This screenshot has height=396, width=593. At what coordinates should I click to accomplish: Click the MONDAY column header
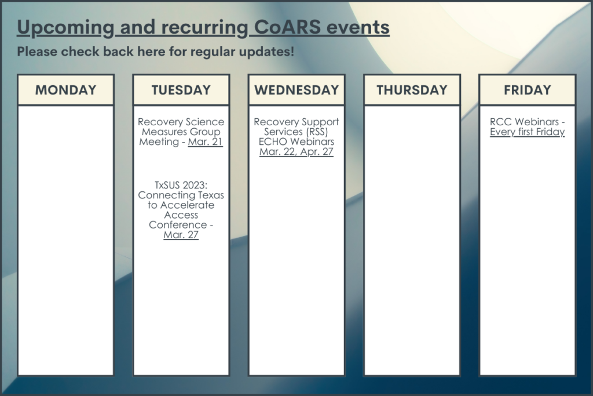coord(66,90)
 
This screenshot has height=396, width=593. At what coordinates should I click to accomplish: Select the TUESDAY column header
coord(181,90)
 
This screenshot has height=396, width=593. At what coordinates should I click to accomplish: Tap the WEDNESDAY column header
coord(296,90)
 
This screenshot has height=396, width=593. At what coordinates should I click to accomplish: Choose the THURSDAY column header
coord(412,90)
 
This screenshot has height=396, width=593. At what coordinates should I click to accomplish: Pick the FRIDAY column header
coord(527,90)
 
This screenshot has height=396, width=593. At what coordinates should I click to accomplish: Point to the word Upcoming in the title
coord(65,28)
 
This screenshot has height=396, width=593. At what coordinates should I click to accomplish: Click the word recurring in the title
coord(204,28)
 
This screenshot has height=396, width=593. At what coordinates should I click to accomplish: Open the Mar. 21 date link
coord(206,141)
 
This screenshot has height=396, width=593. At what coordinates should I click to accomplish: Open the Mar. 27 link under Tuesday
coord(181,235)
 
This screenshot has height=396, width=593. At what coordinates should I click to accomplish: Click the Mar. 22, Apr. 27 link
coord(296,151)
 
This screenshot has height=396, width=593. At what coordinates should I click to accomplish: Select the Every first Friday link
coord(527,132)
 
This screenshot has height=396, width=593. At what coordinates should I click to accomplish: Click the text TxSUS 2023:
coord(181,185)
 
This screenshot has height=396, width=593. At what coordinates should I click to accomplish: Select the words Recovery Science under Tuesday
coord(181,122)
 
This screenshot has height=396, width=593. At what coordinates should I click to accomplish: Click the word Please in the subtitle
coord(37,52)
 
